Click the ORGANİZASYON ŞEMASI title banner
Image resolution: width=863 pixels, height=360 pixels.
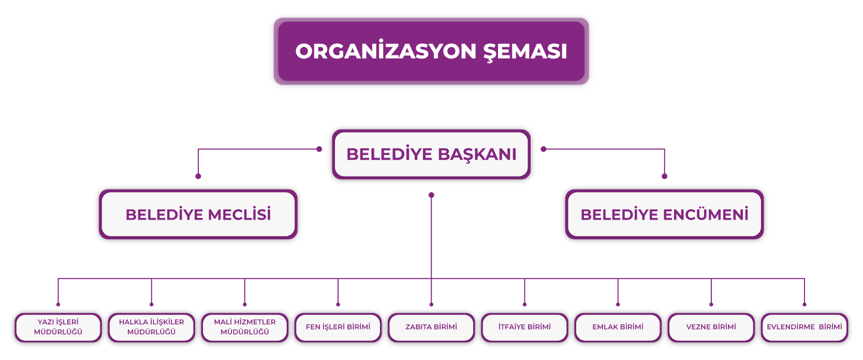coord(431,51)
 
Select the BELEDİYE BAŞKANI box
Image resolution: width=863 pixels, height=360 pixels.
coord(431,154)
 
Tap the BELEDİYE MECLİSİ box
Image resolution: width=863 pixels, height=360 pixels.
coord(198,214)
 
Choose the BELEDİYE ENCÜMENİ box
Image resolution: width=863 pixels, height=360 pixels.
coord(664,214)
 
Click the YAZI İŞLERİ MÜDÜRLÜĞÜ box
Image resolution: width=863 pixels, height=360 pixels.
coord(58,327)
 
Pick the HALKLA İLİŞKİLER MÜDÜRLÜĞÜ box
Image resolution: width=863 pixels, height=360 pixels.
coord(151,327)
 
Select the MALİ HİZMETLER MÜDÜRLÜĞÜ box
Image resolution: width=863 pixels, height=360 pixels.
coord(245,327)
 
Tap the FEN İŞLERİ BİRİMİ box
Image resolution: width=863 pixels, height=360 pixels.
coord(338,327)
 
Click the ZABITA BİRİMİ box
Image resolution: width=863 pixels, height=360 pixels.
coord(431,327)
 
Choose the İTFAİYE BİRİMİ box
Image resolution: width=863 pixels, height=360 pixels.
coord(524,327)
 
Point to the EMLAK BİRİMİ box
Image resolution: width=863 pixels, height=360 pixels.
coord(618,327)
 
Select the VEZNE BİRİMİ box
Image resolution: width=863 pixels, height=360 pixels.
coord(711,327)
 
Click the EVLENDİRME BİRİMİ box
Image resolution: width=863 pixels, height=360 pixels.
coord(804,327)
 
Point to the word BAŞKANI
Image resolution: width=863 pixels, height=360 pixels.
coord(477,154)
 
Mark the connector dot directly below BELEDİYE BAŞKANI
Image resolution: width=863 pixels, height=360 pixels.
coord(431,195)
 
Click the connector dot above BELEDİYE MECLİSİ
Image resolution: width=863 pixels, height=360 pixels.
coord(198,176)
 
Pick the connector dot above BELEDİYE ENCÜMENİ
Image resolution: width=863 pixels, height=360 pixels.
coord(665,176)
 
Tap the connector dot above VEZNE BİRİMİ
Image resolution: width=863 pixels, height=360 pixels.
coord(711,305)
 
